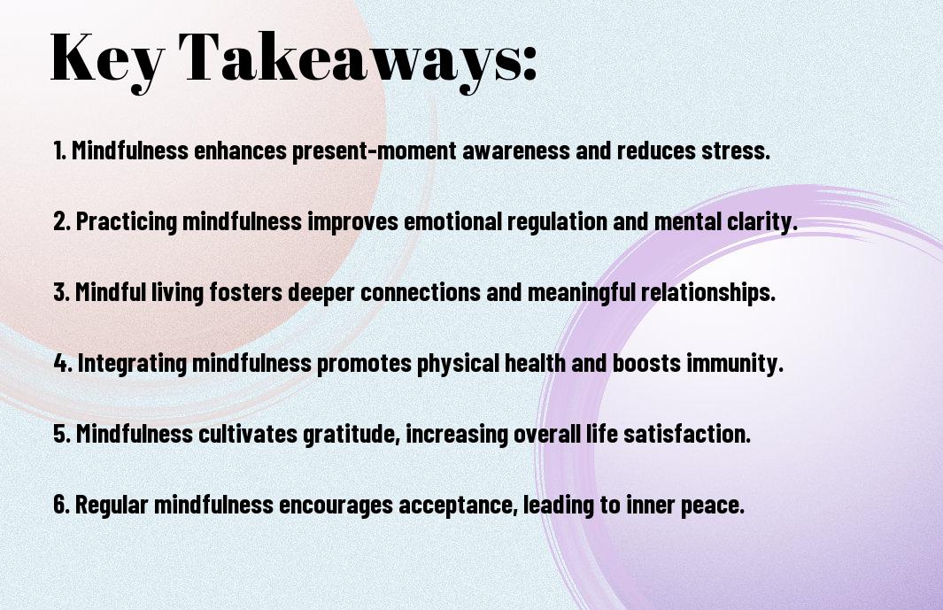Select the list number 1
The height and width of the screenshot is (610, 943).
(x=59, y=151)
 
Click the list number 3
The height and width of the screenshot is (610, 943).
(x=61, y=292)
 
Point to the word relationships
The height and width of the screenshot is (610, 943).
(x=707, y=293)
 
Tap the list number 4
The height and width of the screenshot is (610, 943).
(x=63, y=363)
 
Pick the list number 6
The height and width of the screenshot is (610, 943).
(x=61, y=505)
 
